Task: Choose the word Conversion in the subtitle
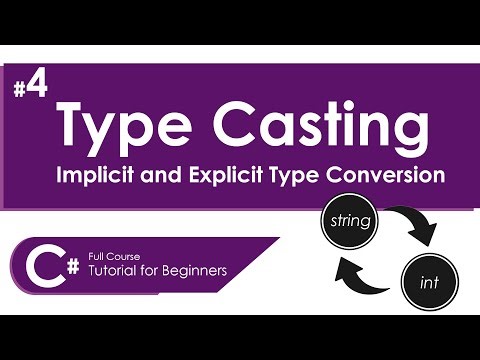click(x=385, y=175)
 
